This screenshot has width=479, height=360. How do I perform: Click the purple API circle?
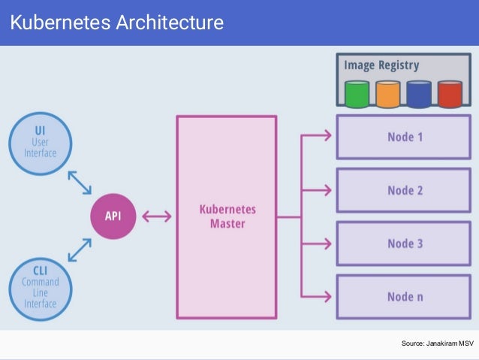[x=113, y=216]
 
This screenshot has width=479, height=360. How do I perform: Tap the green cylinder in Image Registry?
[x=357, y=95]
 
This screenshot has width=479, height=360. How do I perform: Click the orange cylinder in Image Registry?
[x=387, y=95]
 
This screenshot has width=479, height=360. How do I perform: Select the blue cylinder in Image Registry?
[x=419, y=95]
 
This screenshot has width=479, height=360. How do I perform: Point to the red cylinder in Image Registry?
[x=450, y=95]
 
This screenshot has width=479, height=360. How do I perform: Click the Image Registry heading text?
[x=381, y=65]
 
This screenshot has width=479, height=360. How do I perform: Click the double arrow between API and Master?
[x=156, y=216]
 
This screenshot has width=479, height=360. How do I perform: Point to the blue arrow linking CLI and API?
[x=80, y=251]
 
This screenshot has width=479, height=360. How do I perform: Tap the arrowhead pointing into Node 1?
[x=326, y=136]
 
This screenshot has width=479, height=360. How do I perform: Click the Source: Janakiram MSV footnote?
[x=437, y=343]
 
